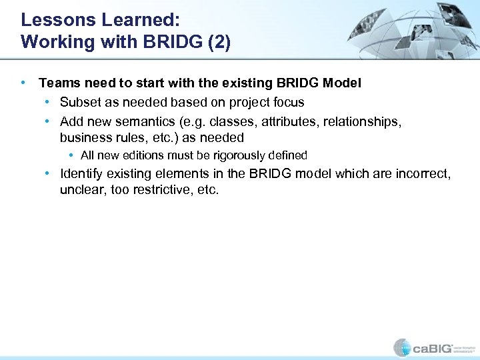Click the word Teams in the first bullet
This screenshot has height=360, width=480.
[x=57, y=83]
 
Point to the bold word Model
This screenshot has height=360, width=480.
[x=342, y=83]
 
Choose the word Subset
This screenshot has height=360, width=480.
[x=80, y=102]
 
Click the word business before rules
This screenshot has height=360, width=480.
[x=84, y=137]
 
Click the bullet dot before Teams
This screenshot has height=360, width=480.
[x=25, y=83]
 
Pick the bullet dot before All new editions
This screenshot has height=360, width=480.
[x=71, y=155]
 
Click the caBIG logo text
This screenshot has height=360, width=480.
[x=434, y=347]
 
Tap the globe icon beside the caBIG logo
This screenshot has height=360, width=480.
[x=402, y=347]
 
